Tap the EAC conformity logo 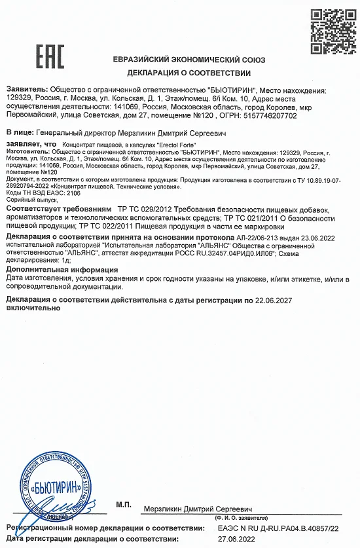(x=50, y=57)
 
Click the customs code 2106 (x=58, y=193)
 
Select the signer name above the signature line (x=198, y=509)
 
